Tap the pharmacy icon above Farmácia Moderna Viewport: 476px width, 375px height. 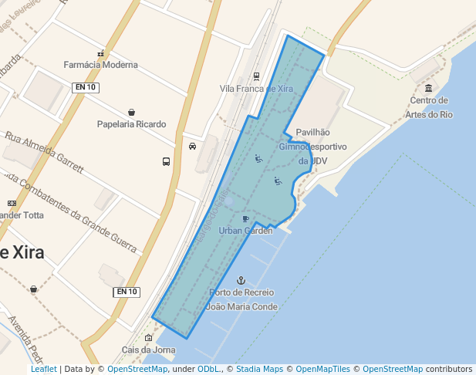[x=101, y=53]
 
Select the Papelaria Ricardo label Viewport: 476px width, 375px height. [x=131, y=124]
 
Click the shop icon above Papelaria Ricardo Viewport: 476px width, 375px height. [x=132, y=113]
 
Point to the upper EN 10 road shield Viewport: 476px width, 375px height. [x=86, y=87]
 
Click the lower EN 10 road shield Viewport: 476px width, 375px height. [x=126, y=292]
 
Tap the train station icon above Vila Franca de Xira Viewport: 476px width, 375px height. [x=256, y=76]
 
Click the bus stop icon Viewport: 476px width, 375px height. [x=166, y=161]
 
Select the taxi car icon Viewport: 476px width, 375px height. [x=192, y=145]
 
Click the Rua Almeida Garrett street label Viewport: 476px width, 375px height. [x=44, y=150]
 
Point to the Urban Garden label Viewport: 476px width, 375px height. [x=245, y=231]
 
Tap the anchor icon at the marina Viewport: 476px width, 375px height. [x=240, y=281]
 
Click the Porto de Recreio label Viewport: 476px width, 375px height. [x=241, y=292]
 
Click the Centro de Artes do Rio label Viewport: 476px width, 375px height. [x=430, y=107]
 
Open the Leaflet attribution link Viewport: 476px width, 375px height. [x=44, y=370]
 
